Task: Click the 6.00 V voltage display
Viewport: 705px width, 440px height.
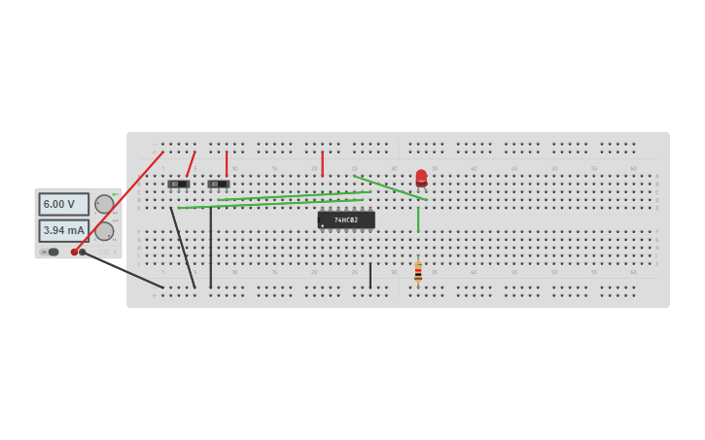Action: (63, 204)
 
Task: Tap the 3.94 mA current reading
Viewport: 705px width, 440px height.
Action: (63, 230)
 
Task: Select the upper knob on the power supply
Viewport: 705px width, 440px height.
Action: (103, 204)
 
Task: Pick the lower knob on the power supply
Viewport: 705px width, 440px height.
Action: (103, 231)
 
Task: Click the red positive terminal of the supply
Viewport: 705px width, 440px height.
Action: (74, 253)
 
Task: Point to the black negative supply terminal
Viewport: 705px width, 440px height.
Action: (83, 253)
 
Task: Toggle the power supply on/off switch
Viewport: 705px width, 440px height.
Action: (53, 252)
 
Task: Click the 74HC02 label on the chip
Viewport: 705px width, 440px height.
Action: (346, 220)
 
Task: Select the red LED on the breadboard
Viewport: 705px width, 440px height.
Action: (421, 178)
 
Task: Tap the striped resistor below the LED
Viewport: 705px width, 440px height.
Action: (418, 272)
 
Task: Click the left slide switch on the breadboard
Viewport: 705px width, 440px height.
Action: (178, 184)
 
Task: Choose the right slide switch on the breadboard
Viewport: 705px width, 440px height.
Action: (218, 184)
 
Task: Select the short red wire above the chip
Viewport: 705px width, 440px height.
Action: (322, 162)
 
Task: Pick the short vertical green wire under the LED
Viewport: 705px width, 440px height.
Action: (418, 220)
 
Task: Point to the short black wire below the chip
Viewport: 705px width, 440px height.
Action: (370, 276)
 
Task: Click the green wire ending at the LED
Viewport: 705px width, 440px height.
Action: (389, 187)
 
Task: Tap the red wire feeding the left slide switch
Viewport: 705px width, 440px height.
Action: (191, 163)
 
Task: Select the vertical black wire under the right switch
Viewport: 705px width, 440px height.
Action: (210, 248)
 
